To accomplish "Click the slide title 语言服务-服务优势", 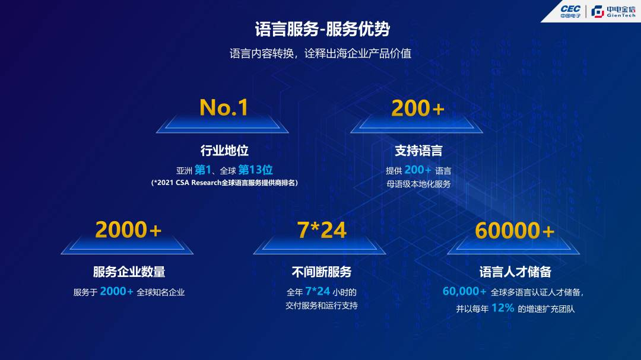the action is [322, 29].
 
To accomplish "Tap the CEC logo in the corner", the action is [570, 11].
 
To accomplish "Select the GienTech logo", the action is [613, 11].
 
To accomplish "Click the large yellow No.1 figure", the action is [224, 107].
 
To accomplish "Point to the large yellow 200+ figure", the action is [417, 109].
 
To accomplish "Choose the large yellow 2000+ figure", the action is [128, 230].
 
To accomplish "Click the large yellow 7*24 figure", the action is [322, 230].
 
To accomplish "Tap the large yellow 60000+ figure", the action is [514, 231].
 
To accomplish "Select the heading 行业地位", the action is [224, 151].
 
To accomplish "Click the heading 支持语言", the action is [418, 151].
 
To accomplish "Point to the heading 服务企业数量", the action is [129, 272].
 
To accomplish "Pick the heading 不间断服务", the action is [322, 272].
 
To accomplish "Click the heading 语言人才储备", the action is [515, 272].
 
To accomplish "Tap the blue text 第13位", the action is [255, 170].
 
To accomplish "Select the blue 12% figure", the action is [503, 308].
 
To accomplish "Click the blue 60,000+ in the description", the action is [464, 291].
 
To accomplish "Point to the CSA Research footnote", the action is [224, 183].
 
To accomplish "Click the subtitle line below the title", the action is [320, 53].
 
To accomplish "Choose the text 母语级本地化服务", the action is [418, 184].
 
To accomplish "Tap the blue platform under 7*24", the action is [319, 246].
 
